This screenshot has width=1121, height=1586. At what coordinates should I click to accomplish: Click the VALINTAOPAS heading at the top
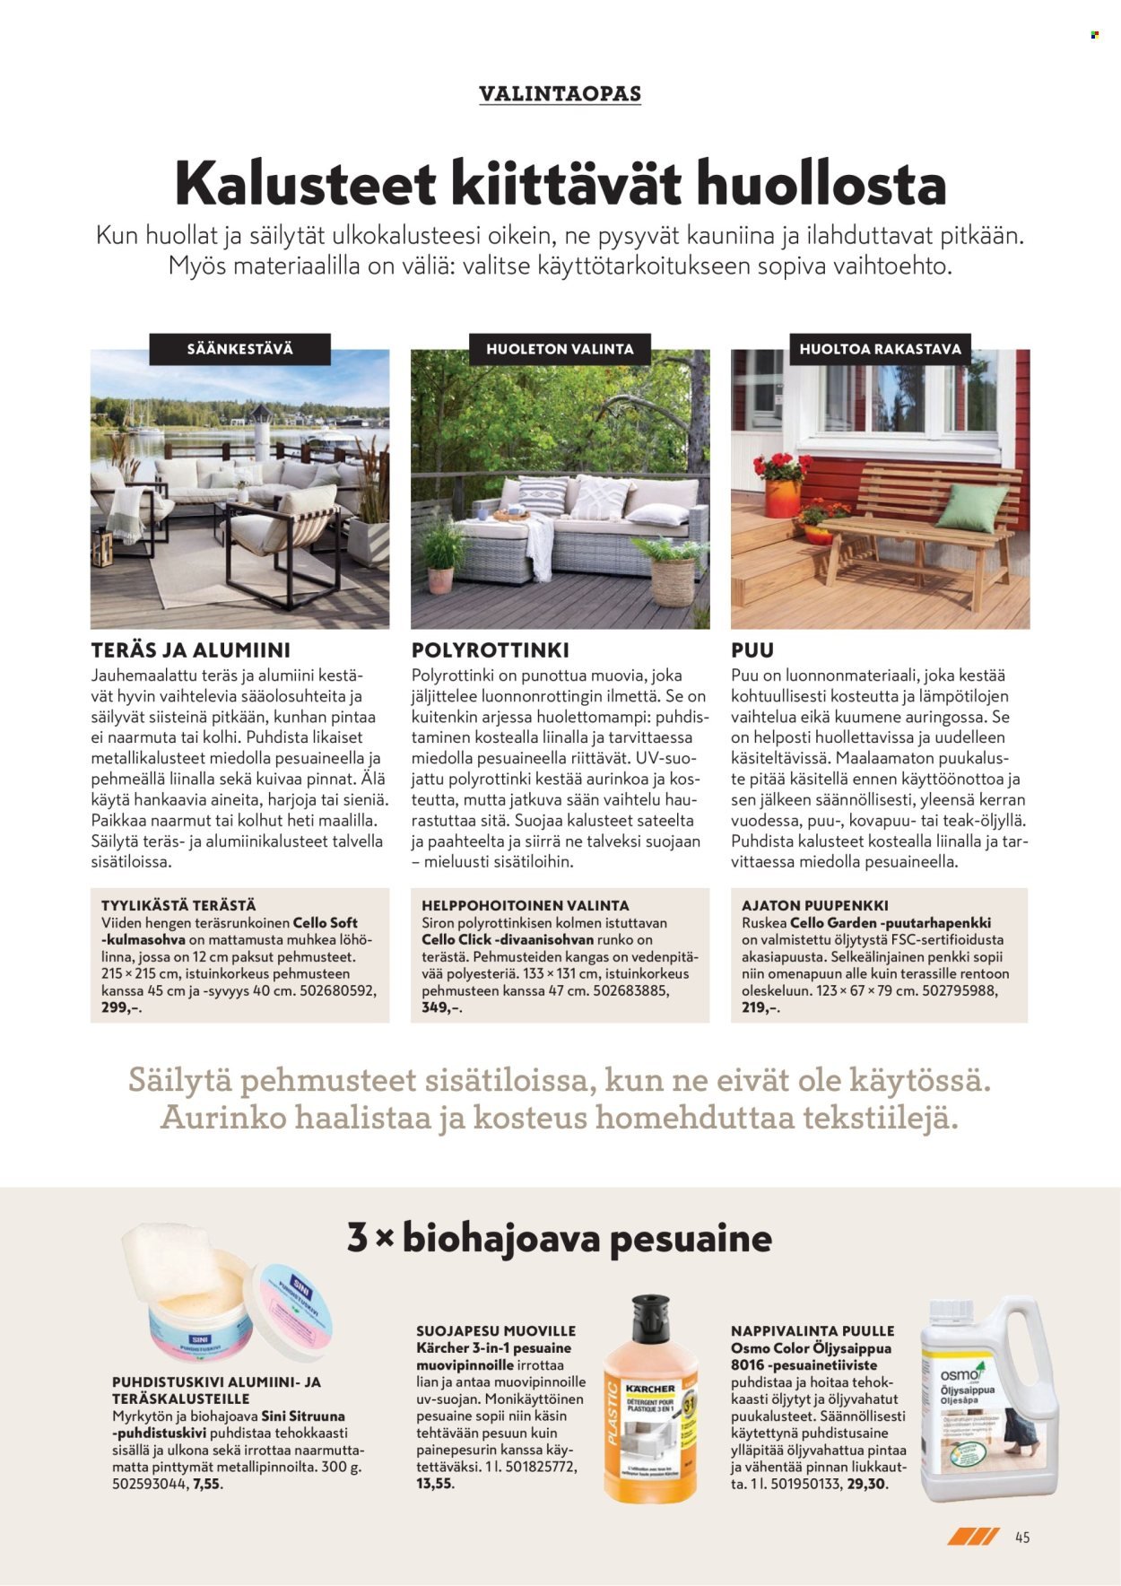pyautogui.click(x=560, y=93)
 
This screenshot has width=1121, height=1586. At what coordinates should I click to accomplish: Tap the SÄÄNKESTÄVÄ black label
pyautogui.click(x=239, y=349)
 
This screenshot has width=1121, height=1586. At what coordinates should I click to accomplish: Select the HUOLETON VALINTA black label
pyautogui.click(x=560, y=349)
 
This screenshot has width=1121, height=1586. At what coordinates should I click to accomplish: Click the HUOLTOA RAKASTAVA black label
pyautogui.click(x=880, y=349)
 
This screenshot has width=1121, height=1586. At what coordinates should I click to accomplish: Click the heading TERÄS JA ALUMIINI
pyautogui.click(x=190, y=649)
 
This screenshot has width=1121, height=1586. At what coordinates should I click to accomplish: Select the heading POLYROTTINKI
pyautogui.click(x=490, y=649)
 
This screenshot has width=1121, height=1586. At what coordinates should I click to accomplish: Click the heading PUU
pyautogui.click(x=752, y=649)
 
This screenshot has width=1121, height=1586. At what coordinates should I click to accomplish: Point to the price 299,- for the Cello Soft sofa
pyautogui.click(x=117, y=1007)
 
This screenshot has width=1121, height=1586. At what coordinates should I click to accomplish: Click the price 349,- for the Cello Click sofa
pyautogui.click(x=441, y=1007)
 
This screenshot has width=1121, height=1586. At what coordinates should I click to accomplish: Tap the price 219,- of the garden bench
pyautogui.click(x=760, y=1007)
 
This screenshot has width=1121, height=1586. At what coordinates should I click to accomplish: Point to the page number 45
pyautogui.click(x=1022, y=1538)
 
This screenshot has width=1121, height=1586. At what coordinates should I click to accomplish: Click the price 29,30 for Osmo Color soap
pyautogui.click(x=867, y=1484)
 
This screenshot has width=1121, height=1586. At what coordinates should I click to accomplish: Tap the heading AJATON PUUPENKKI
pyautogui.click(x=815, y=905)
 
